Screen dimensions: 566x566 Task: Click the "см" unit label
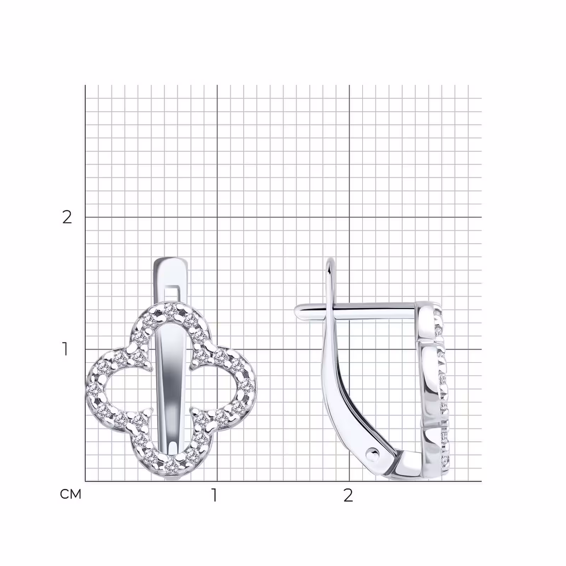pos(71,494)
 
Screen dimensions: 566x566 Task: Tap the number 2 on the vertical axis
pos(67,217)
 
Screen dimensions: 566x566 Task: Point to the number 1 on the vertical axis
pos(65,349)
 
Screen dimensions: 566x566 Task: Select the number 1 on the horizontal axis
pos(214,495)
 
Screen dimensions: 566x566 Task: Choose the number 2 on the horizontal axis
pos(348,495)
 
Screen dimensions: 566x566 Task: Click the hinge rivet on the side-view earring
pos(372,453)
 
